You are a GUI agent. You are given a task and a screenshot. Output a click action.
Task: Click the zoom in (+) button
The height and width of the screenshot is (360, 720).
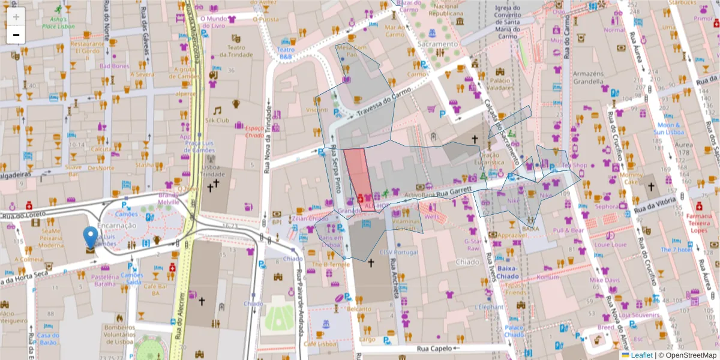pyautogui.click(x=16, y=17)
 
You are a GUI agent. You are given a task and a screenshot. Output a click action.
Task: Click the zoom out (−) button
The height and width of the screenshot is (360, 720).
pyautogui.click(x=16, y=35)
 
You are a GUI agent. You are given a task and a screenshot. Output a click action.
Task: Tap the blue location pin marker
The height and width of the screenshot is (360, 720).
pyautogui.click(x=91, y=238)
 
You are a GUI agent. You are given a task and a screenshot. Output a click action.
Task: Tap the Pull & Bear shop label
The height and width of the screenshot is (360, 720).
pyautogui.click(x=568, y=230)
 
